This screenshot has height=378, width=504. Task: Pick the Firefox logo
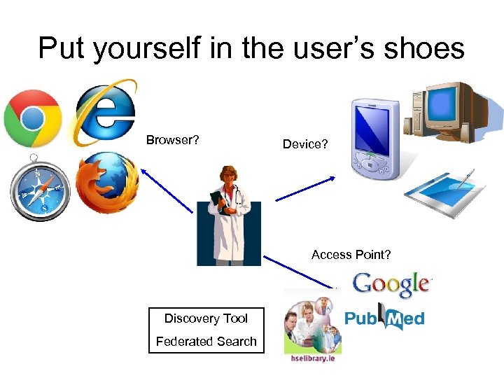click(106, 183)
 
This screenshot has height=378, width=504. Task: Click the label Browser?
click(172, 140)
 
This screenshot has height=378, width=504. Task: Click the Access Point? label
click(351, 255)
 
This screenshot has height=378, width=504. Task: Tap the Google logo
click(391, 284)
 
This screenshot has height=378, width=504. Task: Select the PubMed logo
click(384, 317)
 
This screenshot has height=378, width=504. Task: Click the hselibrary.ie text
click(312, 357)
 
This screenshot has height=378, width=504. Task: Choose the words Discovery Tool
click(206, 318)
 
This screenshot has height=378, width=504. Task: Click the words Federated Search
click(206, 342)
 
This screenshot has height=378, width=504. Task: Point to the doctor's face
click(227, 177)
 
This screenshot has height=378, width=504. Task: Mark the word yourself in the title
click(135, 49)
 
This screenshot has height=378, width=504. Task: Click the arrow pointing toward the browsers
click(166, 189)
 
